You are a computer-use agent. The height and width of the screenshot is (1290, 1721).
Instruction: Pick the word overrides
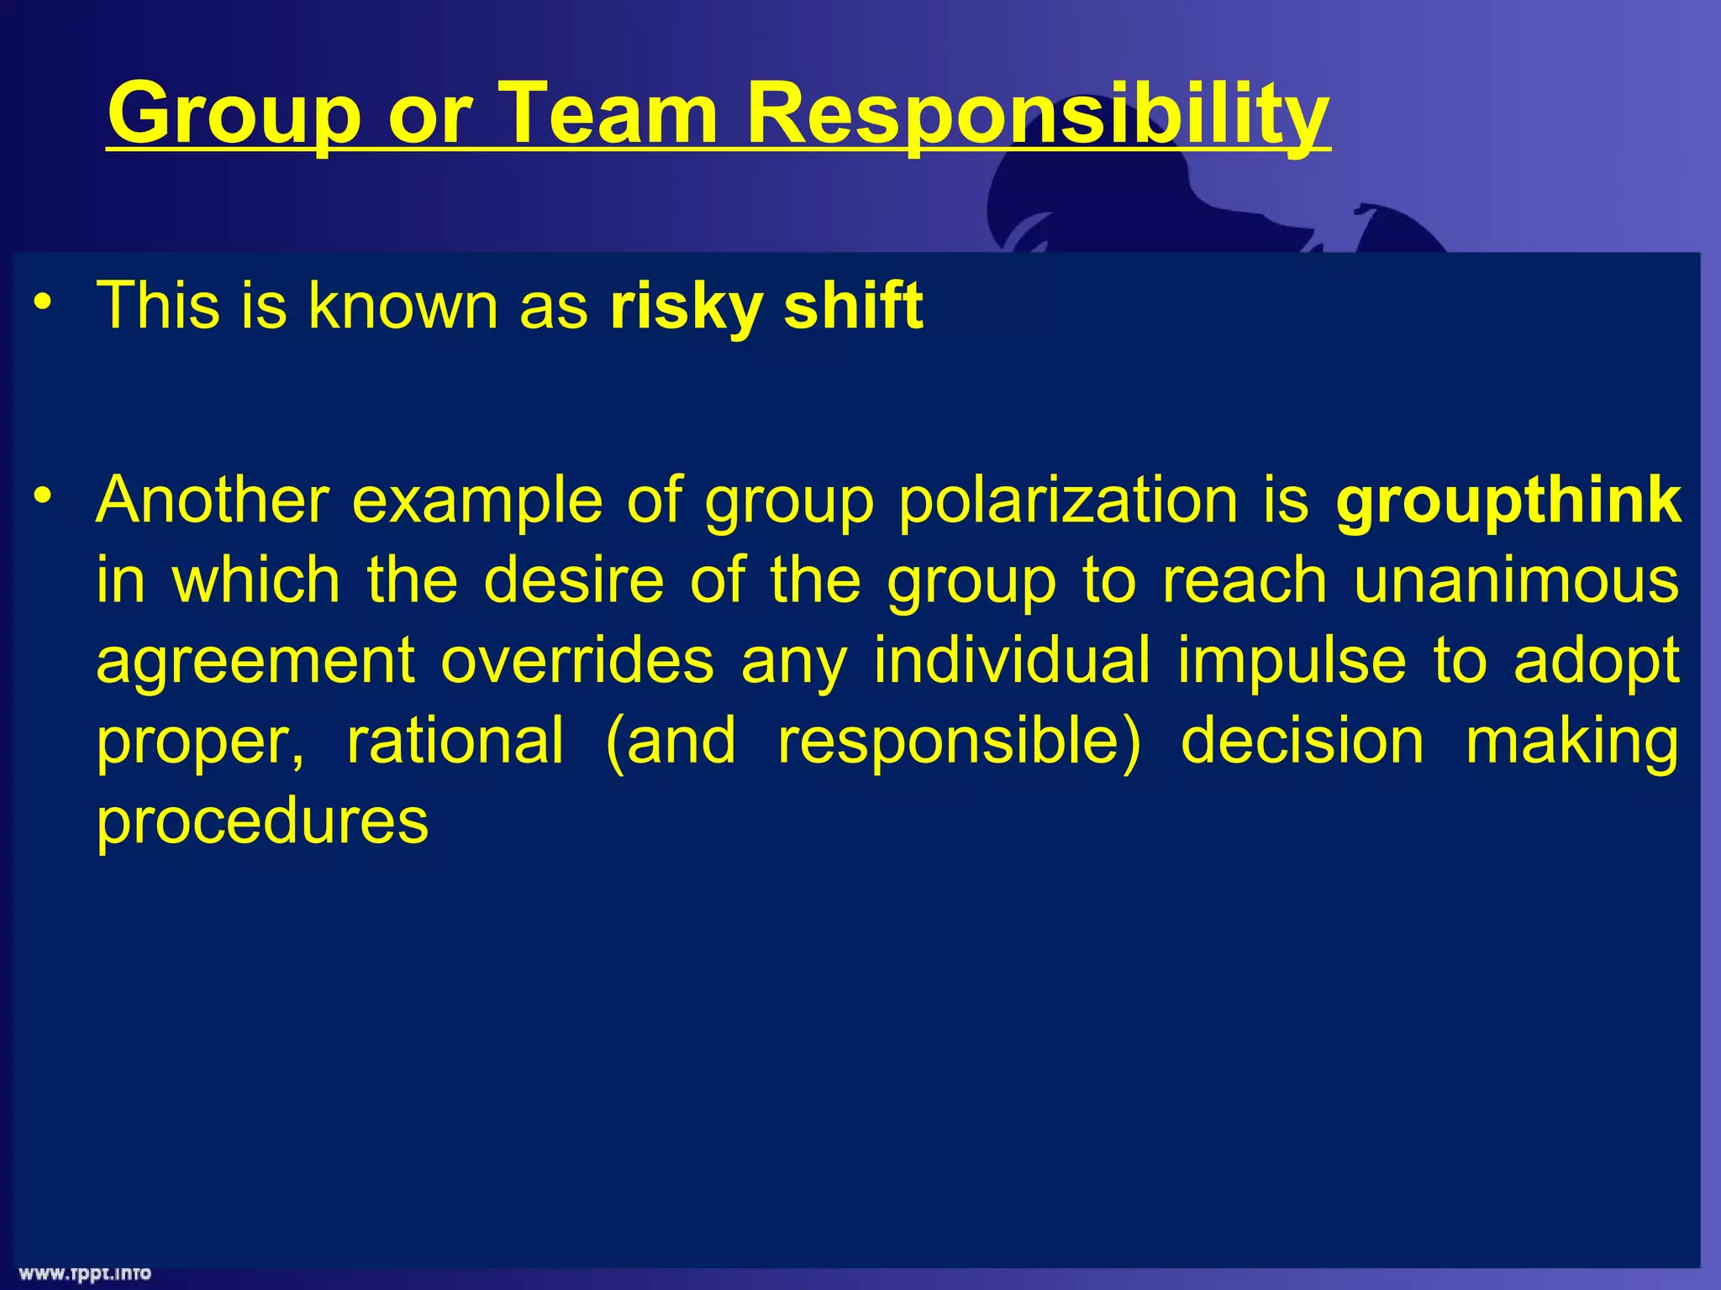click(x=577, y=661)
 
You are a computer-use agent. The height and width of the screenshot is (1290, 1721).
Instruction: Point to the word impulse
click(x=1292, y=661)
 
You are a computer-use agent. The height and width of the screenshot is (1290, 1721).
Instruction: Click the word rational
click(x=455, y=740)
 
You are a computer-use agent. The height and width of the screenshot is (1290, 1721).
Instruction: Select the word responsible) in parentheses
click(x=959, y=740)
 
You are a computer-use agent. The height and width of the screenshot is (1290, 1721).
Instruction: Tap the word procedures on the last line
click(x=262, y=821)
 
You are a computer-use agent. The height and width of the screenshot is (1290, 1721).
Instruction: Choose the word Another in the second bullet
click(x=212, y=501)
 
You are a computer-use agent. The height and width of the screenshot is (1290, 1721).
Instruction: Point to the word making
click(x=1571, y=740)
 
